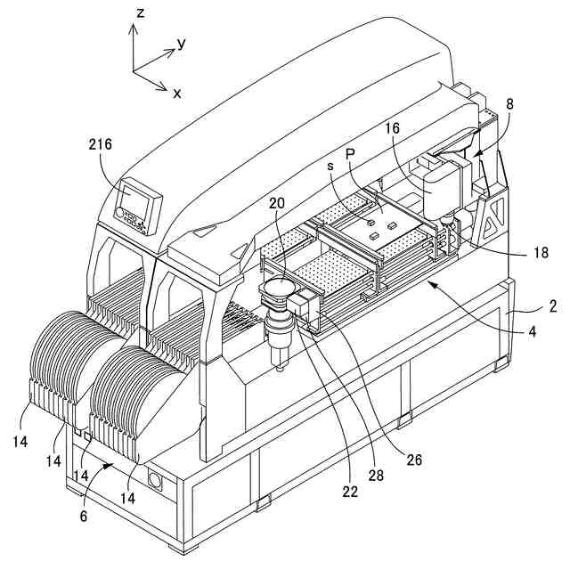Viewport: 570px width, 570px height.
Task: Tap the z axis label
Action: [141, 12]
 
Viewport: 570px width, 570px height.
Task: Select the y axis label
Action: [181, 43]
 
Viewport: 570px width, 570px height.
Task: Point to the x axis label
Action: [176, 93]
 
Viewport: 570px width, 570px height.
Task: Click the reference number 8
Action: [509, 103]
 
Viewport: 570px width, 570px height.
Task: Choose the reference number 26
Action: [413, 460]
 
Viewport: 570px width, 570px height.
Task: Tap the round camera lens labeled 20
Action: [279, 288]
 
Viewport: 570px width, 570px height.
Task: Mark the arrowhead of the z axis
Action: [134, 27]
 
